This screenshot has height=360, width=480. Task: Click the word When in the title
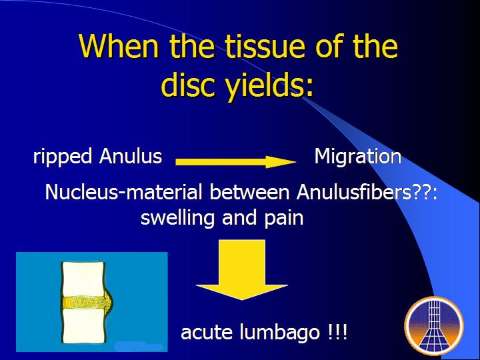click(119, 46)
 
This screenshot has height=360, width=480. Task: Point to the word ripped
click(63, 157)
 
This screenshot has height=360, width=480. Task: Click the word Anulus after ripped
click(131, 156)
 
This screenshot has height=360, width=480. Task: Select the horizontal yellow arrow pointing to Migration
click(236, 162)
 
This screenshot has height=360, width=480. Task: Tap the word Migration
click(358, 157)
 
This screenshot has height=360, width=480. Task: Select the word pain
click(284, 219)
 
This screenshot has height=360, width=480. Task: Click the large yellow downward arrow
click(242, 269)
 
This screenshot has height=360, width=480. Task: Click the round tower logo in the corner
click(434, 326)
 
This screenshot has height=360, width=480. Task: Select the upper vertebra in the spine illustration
click(83, 279)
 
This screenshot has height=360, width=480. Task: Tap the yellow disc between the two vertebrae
click(87, 303)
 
